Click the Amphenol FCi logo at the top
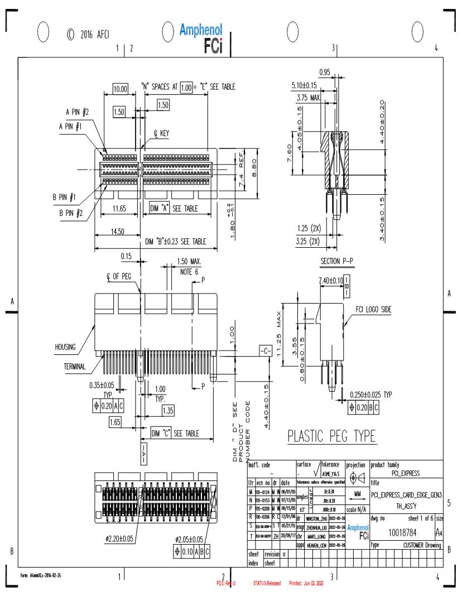(201, 39)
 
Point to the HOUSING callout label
(65, 347)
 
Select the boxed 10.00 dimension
(121, 88)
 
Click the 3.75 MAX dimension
(309, 96)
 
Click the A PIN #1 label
(71, 127)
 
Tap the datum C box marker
(265, 351)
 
